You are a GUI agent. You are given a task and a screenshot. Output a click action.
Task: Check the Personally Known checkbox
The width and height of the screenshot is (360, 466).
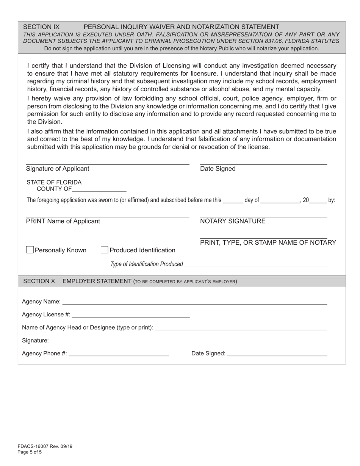[x=30, y=250]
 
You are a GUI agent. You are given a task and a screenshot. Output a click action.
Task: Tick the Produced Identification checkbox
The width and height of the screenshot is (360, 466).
[x=105, y=250]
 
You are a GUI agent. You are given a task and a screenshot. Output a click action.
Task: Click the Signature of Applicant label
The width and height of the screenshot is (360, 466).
[x=58, y=169]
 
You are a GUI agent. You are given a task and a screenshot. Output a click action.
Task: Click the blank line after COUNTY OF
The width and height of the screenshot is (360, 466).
[x=99, y=189]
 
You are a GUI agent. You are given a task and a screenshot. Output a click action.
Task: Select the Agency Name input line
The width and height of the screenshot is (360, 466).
[x=194, y=302]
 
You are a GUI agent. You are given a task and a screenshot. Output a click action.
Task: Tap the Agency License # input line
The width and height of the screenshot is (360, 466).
[x=131, y=315]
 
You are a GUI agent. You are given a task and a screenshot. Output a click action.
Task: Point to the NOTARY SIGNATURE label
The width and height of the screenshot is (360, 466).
[x=233, y=221]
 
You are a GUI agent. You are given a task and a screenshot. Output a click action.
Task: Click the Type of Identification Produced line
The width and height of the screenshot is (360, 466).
[x=256, y=264]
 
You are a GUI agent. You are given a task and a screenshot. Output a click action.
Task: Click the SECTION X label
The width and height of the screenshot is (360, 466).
[x=39, y=281]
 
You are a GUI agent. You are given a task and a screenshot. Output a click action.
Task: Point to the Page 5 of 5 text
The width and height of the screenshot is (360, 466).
[x=30, y=452]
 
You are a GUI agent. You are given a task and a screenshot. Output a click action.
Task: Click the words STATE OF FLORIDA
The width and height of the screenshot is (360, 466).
[x=54, y=182]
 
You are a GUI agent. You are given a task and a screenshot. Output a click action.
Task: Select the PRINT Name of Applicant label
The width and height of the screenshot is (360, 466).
[x=63, y=221]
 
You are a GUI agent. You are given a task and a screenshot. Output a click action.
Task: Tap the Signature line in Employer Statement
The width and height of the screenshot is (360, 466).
[x=189, y=341]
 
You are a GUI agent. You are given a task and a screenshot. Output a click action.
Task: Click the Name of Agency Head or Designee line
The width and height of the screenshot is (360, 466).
[x=241, y=328]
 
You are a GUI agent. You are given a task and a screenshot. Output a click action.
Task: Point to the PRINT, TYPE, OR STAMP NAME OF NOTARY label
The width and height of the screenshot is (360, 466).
[x=268, y=242]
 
